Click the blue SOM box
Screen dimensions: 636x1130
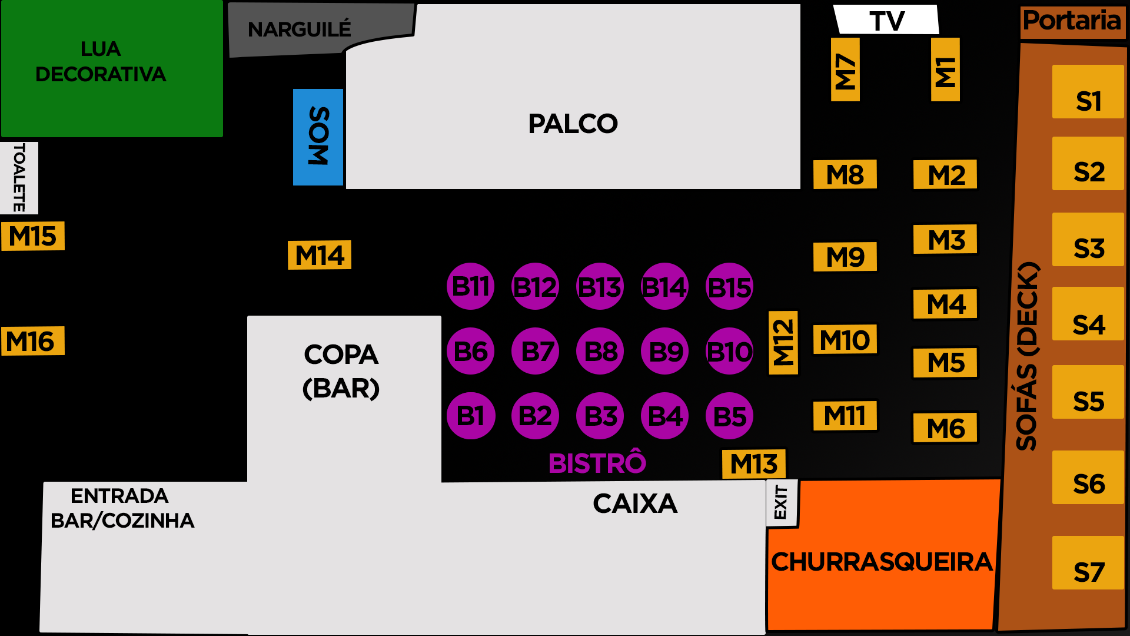[x=318, y=137]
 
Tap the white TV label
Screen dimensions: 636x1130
[x=886, y=21]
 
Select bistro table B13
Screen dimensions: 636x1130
[x=600, y=287]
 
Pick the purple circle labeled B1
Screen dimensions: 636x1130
[x=470, y=416]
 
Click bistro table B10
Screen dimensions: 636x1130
[x=729, y=352]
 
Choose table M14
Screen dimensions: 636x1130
[x=320, y=255]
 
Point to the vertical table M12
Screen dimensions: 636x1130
[x=783, y=343]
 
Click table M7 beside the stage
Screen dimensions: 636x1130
[x=845, y=69]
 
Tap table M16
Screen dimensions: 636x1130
[x=32, y=341]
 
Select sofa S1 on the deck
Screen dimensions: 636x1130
[x=1088, y=92]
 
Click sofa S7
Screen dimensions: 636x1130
[x=1088, y=563]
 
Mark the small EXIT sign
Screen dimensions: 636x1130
[x=782, y=502]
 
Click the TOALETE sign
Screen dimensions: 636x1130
[x=19, y=177]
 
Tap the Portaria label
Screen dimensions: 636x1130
[x=1072, y=21]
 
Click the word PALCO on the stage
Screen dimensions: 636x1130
[x=573, y=124]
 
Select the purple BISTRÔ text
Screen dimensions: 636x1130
[x=597, y=463]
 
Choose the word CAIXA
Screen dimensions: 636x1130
[x=635, y=503]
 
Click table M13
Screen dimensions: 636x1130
[x=754, y=464]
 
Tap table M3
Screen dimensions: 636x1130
[x=945, y=240]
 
